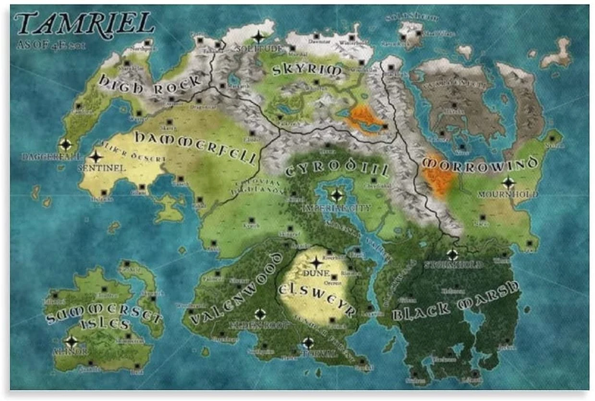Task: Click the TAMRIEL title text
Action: point(85,24)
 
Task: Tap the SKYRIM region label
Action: point(307,70)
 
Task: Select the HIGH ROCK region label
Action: point(150,85)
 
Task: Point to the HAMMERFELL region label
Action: point(195,147)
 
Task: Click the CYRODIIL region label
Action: point(337,169)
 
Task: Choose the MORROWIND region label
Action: point(480,164)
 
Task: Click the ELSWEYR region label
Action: point(316,298)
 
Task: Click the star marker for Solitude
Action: point(259,37)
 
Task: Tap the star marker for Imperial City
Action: point(337,195)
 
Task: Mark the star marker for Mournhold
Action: point(508,182)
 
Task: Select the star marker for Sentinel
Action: point(96,157)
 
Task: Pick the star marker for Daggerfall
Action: point(65,145)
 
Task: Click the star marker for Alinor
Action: point(71,342)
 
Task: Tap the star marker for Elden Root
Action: point(260,314)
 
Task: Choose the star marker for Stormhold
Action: point(452,255)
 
